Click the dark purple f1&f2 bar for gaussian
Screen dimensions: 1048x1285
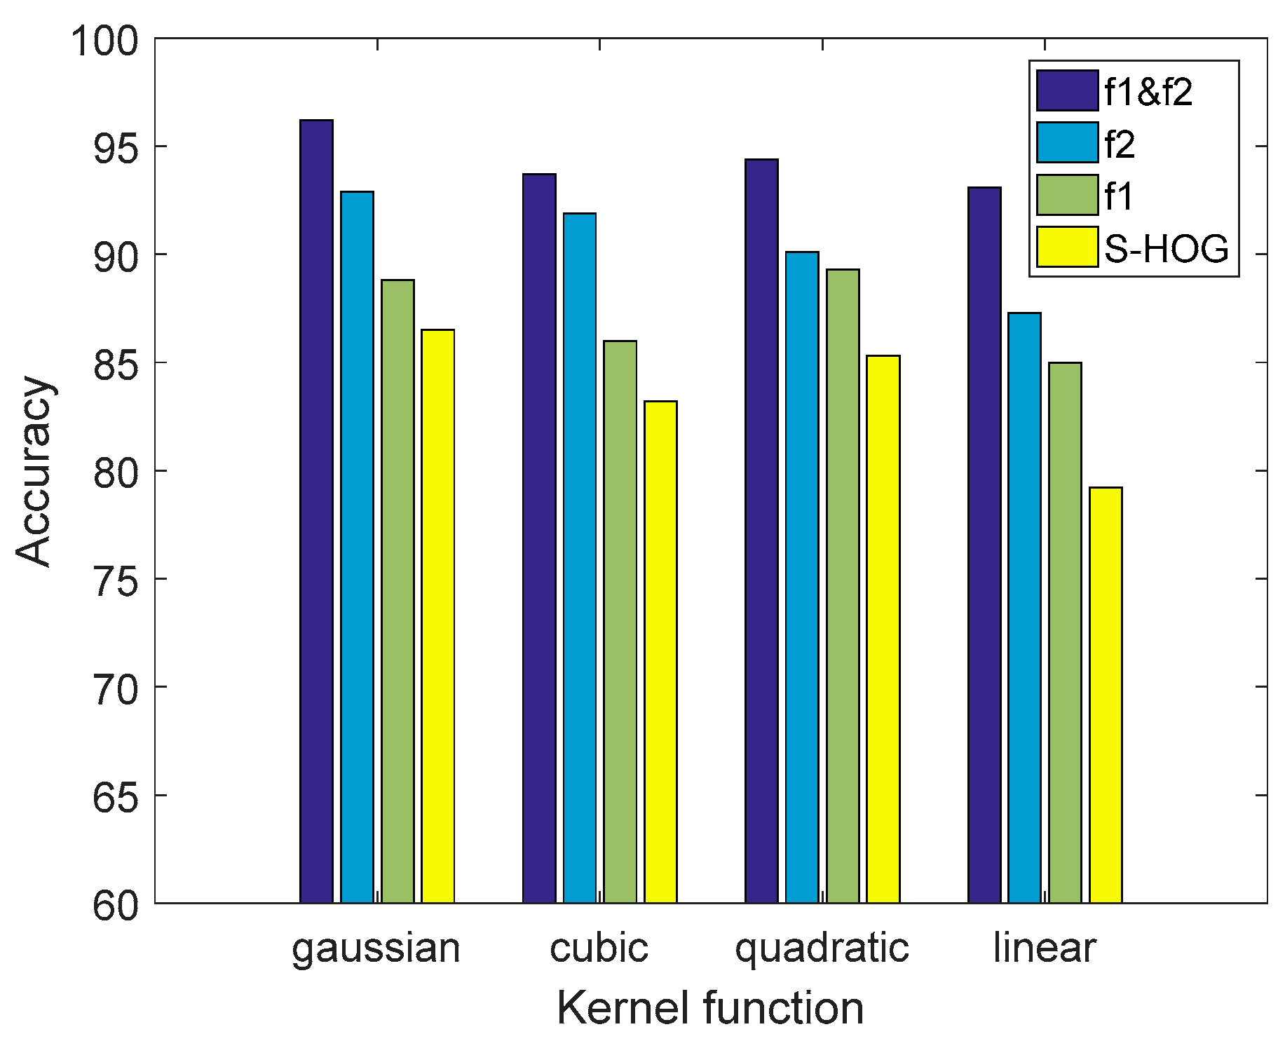tap(316, 512)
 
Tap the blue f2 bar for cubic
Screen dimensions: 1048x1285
tap(580, 558)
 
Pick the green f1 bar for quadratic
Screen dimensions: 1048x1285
tap(843, 586)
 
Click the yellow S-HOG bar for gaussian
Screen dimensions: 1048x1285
tap(438, 616)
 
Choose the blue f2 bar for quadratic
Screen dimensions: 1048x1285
tap(802, 578)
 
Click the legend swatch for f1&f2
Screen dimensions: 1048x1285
tap(1067, 90)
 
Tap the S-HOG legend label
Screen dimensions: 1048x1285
tap(1167, 248)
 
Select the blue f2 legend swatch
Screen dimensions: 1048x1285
tap(1067, 142)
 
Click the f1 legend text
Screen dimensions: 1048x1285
tap(1119, 196)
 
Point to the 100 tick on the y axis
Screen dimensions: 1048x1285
tap(104, 41)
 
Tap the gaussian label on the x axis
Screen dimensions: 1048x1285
tap(376, 949)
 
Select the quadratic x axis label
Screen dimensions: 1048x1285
tap(822, 949)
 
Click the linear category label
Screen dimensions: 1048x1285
tap(1045, 948)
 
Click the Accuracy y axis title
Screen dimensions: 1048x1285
tap(34, 471)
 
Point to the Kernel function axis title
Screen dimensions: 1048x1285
tap(710, 1009)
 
